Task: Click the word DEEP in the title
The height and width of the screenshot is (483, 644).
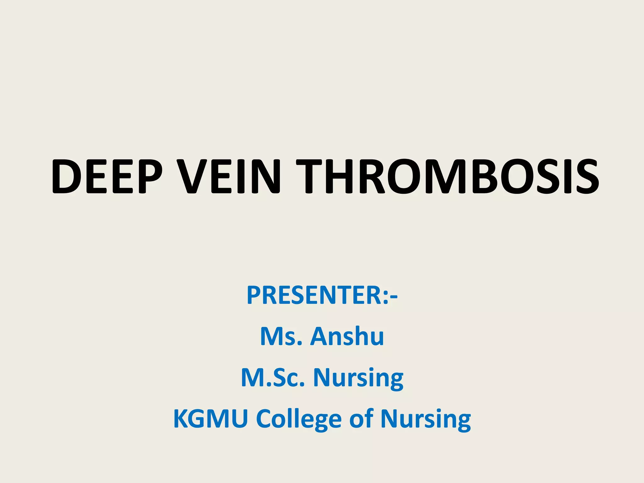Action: tap(107, 177)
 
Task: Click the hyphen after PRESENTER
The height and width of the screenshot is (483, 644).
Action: tap(394, 297)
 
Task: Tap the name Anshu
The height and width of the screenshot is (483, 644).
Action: tap(347, 336)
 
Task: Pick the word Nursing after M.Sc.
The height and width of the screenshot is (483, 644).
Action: tap(358, 378)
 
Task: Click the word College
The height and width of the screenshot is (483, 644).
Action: tap(299, 420)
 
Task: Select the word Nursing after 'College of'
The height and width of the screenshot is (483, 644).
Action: tap(426, 420)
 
